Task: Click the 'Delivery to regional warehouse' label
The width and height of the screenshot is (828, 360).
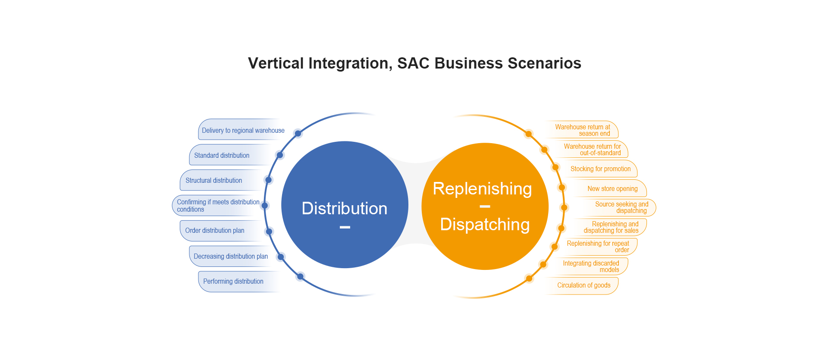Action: coord(243,131)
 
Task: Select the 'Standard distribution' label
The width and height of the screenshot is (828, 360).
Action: coord(222,156)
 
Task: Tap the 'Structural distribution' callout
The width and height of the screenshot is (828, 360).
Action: coord(214,181)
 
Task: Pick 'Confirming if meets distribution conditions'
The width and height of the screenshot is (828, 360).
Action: coord(218,206)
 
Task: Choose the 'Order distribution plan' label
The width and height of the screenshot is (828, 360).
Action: coord(215,231)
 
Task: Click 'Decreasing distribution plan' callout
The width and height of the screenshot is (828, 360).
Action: coord(231,257)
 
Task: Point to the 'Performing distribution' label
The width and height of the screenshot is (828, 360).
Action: coord(233,282)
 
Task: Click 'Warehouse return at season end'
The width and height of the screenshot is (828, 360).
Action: coord(583,130)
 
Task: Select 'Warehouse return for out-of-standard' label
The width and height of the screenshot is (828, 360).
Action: coord(593,150)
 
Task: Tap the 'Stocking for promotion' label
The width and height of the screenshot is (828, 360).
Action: coord(601,169)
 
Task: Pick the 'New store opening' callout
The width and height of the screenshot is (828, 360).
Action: coord(612,189)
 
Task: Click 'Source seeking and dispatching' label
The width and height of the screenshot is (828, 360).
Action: coord(622,207)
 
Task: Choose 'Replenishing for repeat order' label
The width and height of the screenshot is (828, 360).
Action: coord(598,247)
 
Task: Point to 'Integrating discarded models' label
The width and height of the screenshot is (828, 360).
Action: coord(591,266)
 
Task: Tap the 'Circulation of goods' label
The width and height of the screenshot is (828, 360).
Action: coord(584,285)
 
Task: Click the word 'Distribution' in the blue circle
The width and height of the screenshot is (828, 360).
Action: coord(345,209)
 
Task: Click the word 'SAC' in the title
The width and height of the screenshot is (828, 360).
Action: coord(414,63)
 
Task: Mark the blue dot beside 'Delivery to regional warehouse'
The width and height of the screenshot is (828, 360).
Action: coord(298,133)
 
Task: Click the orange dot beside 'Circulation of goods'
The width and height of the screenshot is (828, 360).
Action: coord(529,279)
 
